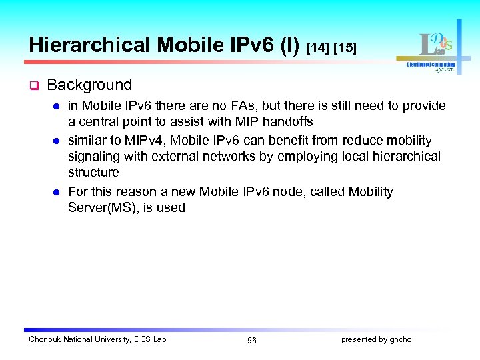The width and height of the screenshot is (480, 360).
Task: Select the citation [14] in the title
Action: click(x=318, y=48)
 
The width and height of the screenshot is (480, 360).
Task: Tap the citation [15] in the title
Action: click(x=345, y=48)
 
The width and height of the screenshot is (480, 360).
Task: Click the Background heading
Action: click(x=89, y=85)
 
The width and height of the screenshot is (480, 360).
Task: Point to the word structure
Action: click(x=93, y=173)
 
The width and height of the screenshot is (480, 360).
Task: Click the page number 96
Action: click(x=251, y=341)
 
